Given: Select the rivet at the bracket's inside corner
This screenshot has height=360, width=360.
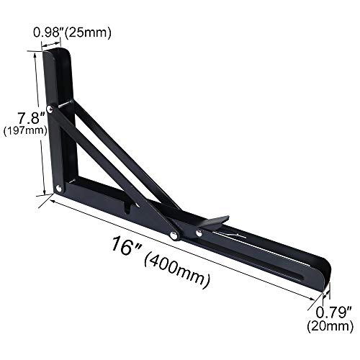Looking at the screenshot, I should point(58,189).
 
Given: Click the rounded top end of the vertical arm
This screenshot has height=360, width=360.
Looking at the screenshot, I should point(61,52).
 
